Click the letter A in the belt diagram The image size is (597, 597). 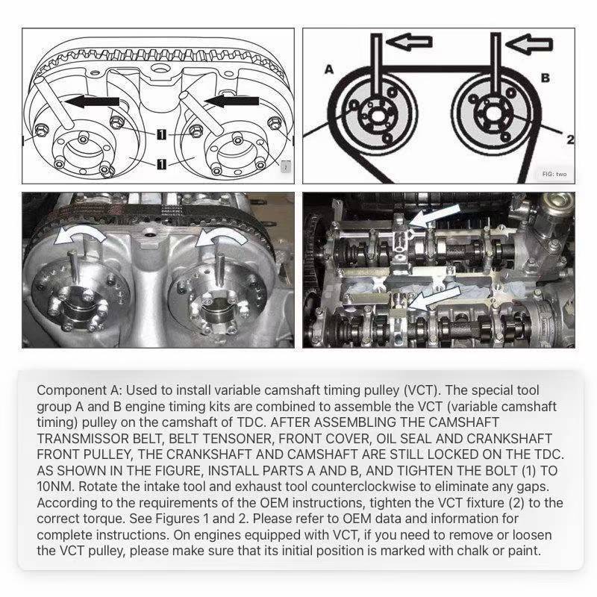pyautogui.click(x=329, y=69)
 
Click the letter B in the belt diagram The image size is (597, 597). pyautogui.click(x=546, y=78)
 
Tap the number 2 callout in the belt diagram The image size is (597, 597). pyautogui.click(x=570, y=140)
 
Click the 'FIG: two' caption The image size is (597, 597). pyautogui.click(x=554, y=174)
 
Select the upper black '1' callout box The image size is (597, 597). pyautogui.click(x=161, y=134)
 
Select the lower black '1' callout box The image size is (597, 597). pyautogui.click(x=161, y=164)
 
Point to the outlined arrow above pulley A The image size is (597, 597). pyautogui.click(x=409, y=42)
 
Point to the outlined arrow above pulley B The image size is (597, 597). pyautogui.click(x=529, y=44)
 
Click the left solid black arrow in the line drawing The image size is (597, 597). pyautogui.click(x=92, y=101)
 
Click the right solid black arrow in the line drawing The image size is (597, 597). pyautogui.click(x=231, y=101)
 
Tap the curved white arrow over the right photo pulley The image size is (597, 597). pyautogui.click(x=222, y=235)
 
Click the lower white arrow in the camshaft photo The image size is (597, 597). pyautogui.click(x=434, y=298)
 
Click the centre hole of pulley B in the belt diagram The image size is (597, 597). pyautogui.click(x=494, y=113)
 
